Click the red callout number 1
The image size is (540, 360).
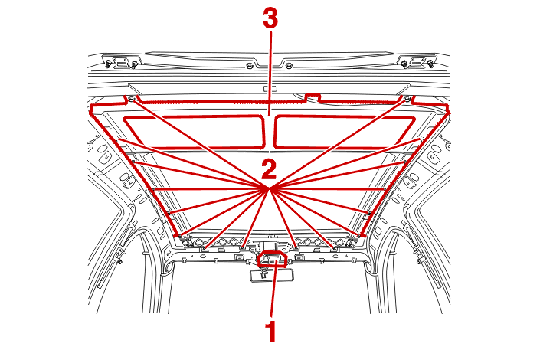click(272, 331)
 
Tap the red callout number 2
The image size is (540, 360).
click(269, 169)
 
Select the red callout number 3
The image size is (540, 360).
click(270, 18)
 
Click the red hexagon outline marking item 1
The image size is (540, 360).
click(273, 259)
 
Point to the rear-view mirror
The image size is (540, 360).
click(272, 276)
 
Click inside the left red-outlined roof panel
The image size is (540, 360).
click(195, 133)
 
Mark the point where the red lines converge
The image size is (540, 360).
click(270, 188)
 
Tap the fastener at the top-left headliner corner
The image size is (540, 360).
click(132, 100)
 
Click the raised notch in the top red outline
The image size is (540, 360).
click(313, 97)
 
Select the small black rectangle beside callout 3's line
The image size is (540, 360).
click(270, 89)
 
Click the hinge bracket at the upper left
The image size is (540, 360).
click(121, 62)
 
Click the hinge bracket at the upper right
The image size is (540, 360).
click(417, 62)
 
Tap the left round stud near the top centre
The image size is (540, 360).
click(250, 65)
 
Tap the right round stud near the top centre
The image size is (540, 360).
click(289, 65)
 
